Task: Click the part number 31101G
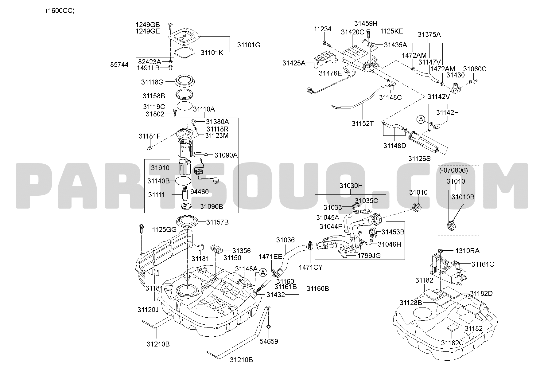pos(249,45)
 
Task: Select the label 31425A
pos(294,63)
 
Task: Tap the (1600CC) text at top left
pos(60,11)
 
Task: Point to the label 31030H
pos(351,186)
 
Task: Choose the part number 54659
pos(269,341)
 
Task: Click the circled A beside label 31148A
pos(262,272)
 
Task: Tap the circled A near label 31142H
pos(420,119)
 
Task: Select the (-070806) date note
pos(453,170)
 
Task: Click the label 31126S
pos(419,159)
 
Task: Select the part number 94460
pos(199,192)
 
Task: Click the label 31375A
pos(429,34)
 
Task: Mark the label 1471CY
pos(311,267)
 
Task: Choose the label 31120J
pos(148,310)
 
